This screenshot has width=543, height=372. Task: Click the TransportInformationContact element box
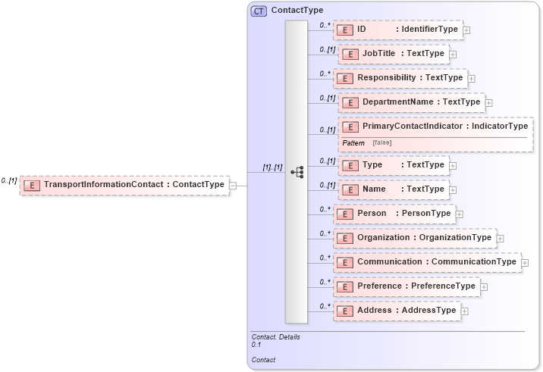125,184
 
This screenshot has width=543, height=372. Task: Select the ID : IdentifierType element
397,30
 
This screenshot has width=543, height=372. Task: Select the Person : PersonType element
394,214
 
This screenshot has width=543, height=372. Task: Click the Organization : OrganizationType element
415,238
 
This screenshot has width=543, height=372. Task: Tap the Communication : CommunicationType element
427,262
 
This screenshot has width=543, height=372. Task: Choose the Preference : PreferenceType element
406,286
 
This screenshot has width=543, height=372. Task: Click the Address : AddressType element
397,311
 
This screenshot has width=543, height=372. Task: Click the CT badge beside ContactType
259,11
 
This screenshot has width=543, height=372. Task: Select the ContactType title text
297,11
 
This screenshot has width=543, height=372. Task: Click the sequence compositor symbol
297,173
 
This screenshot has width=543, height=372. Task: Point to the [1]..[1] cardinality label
272,167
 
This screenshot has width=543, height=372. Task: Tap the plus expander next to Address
465,311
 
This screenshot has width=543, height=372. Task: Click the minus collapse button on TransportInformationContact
233,185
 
